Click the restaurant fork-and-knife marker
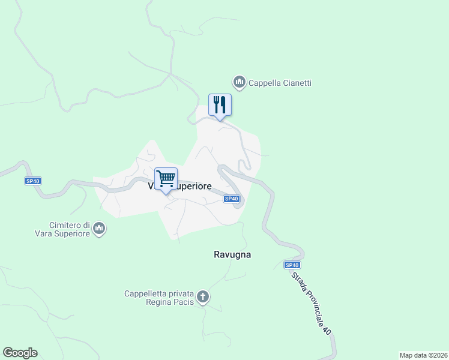click(220, 105)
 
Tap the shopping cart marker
click(166, 178)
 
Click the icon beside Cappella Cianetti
click(240, 82)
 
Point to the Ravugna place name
click(232, 254)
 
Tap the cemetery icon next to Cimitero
click(99, 229)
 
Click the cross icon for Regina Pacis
click(203, 296)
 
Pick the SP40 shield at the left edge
click(32, 181)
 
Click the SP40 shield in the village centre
click(232, 199)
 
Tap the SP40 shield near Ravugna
click(292, 265)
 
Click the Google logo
click(20, 353)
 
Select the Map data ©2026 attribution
click(423, 355)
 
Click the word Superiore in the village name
click(193, 187)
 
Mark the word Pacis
click(183, 302)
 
